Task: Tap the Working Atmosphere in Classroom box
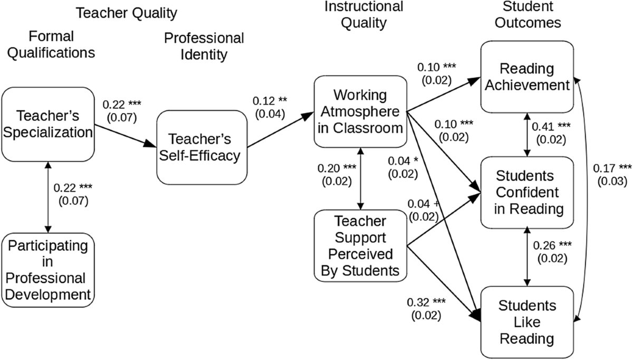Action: (360, 111)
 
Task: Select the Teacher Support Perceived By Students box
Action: (360, 246)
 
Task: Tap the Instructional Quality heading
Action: (363, 15)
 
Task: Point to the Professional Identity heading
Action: (204, 46)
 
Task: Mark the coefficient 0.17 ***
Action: (612, 168)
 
